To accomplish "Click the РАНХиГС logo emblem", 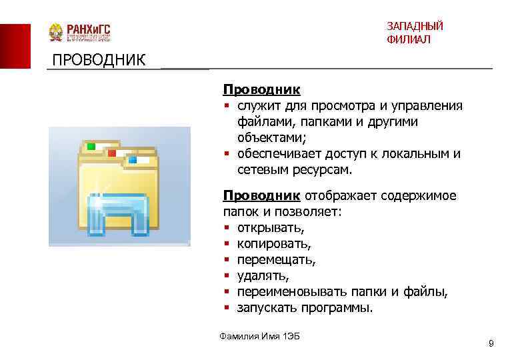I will coord(55,33).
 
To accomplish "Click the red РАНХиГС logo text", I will coord(87,30).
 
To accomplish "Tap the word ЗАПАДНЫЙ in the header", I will coord(414,26).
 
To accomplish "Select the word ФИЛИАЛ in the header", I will coord(408,40).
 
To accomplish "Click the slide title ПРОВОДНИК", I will coord(99,61).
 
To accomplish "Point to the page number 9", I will coord(491,343).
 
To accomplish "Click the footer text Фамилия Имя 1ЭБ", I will coord(259,335).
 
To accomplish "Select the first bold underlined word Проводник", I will coord(261,89).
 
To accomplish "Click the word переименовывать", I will coord(288,292).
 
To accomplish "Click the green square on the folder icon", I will coord(91,145).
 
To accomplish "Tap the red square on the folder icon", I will coord(111,153).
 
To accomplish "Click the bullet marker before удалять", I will coord(227,276).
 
